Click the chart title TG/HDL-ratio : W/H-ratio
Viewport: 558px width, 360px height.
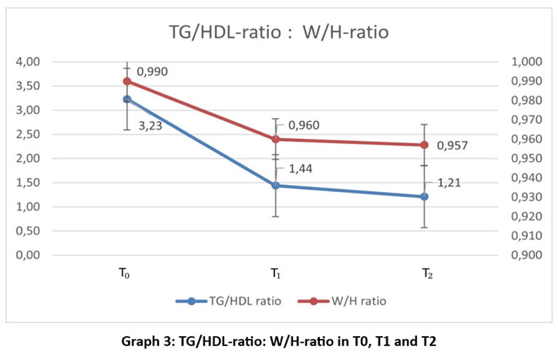coord(279,32)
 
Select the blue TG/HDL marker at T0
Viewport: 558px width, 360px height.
coord(127,99)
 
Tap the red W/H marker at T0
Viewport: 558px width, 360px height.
coord(127,81)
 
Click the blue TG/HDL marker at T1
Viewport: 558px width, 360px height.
coord(275,186)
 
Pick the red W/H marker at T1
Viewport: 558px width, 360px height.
coord(275,139)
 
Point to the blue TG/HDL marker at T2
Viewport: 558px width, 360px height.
coord(425,197)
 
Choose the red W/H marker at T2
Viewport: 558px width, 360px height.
coord(425,145)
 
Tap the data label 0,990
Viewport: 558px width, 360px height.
coord(153,72)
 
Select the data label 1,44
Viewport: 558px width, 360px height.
coord(301,170)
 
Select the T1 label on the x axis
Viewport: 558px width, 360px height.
coord(275,274)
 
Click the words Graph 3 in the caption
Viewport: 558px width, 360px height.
coord(148,341)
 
